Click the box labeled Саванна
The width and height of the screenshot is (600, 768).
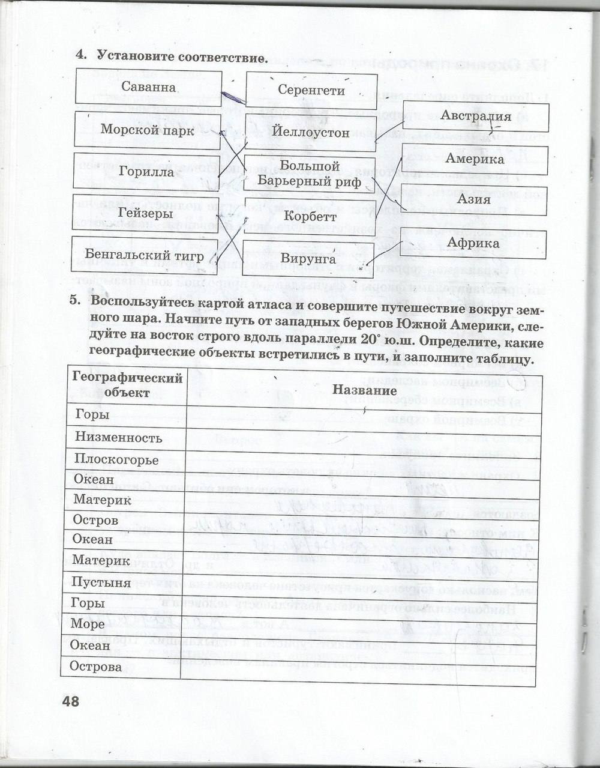(148, 88)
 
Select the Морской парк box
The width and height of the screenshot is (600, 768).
(147, 130)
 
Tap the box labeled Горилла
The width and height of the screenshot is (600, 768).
(146, 172)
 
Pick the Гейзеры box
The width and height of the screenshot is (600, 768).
(146, 213)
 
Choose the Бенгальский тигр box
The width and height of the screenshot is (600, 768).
(144, 256)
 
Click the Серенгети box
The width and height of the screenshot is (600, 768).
(311, 91)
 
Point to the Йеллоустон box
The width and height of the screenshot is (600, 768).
(310, 132)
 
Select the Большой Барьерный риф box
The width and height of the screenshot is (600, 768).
(310, 174)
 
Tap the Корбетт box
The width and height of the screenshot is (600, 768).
(309, 216)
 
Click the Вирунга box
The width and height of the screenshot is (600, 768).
(308, 259)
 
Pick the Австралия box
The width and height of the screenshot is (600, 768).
(475, 116)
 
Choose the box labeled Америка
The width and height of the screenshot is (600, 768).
(475, 159)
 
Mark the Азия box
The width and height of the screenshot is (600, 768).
(474, 199)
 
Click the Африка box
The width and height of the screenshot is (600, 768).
(473, 243)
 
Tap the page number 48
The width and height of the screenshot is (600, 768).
(70, 701)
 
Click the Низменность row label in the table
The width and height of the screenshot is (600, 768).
(118, 437)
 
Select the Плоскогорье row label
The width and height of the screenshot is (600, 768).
(116, 460)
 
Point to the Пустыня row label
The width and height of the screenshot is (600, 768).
(101, 582)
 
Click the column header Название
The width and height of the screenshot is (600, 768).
(364, 390)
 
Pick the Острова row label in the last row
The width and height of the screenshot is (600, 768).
(95, 667)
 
